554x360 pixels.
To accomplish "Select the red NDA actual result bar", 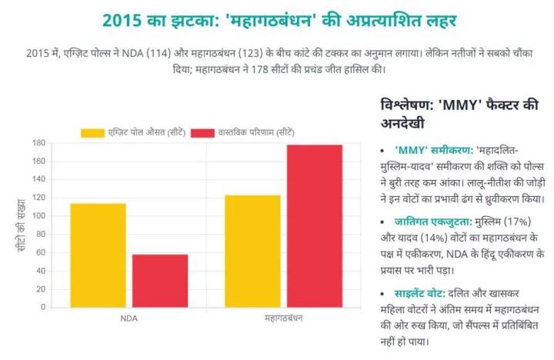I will click(160, 281).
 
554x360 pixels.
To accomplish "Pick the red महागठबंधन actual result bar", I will click(314, 226).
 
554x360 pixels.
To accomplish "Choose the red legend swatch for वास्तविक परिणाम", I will click(202, 132).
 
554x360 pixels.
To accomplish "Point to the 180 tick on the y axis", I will click(38, 143).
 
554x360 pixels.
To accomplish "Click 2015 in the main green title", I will click(123, 20).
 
